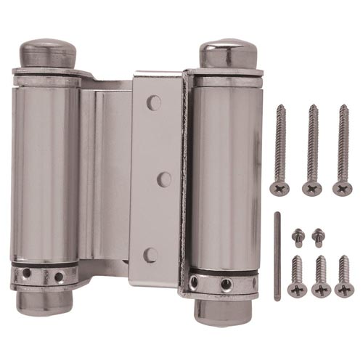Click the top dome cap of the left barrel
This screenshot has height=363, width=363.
click(49, 52)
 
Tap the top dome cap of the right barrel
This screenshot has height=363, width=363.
click(228, 52)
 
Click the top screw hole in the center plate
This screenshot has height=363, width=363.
click(153, 102)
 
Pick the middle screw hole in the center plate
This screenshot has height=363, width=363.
click(165, 179)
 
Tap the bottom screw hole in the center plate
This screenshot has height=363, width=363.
click(151, 255)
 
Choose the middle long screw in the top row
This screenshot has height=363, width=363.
click(313, 150)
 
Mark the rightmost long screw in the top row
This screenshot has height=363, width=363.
click(343, 150)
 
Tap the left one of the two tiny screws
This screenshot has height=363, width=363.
click(297, 237)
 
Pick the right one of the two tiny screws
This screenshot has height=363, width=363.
click(317, 237)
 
